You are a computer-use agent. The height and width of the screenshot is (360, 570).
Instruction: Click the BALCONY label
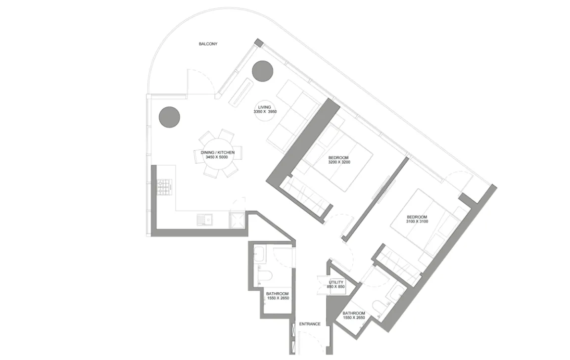[x=208, y=44]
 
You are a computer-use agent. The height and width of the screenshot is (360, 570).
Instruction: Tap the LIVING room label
[x=265, y=107]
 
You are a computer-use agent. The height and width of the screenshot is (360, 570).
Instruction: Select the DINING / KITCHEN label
[x=218, y=153]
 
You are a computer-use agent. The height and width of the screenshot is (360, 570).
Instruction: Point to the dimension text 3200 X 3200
[x=339, y=162]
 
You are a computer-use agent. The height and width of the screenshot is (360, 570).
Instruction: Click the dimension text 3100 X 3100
[x=417, y=221]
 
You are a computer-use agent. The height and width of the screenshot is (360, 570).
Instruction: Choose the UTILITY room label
[x=336, y=282]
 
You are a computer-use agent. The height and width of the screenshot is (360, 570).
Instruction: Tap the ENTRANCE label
[x=310, y=324]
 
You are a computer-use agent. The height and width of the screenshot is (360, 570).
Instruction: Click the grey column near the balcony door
[x=262, y=71]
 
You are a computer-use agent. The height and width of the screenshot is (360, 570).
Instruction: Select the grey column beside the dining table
[x=169, y=117]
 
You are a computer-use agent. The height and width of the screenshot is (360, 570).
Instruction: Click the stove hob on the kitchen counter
[x=164, y=187]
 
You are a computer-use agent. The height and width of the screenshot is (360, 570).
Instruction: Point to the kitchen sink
[x=205, y=220]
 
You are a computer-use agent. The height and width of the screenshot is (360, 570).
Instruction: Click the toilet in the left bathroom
[x=264, y=275]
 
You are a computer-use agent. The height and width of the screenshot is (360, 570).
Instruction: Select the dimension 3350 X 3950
[x=265, y=112]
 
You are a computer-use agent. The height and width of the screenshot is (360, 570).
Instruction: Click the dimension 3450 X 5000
[x=217, y=157]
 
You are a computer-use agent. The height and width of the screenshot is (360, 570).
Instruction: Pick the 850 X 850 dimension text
[x=335, y=287]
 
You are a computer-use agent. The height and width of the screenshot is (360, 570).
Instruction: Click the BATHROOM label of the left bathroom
[x=278, y=294]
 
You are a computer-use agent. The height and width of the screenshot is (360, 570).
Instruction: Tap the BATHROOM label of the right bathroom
[x=354, y=313]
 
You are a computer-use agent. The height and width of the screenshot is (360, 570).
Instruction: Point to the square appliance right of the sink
[x=237, y=220]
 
